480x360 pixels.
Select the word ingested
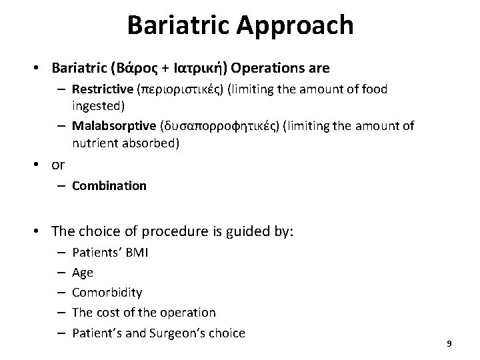coord(95,106)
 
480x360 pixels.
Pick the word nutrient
coord(94,143)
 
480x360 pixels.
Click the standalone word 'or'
coord(58,165)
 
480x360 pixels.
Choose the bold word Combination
coord(109,186)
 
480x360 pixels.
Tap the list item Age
coord(82,273)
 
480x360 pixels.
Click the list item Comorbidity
coord(107,293)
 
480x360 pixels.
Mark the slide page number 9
coord(449,343)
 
